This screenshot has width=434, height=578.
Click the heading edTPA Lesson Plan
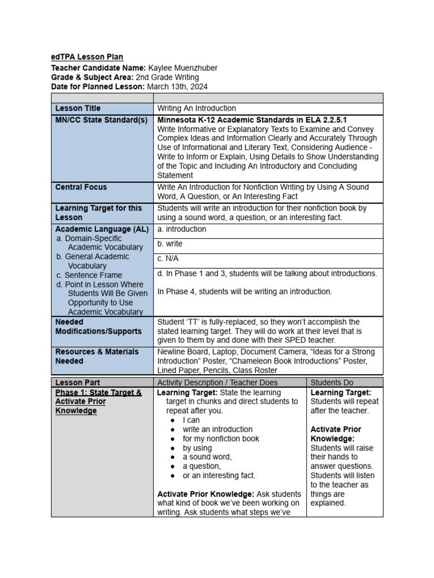coord(87,57)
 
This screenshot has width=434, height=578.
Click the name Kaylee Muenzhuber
coord(183,68)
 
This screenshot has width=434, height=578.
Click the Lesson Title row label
coord(77,108)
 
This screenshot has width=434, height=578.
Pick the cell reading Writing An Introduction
coord(196,108)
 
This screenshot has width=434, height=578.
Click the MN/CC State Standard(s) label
coord(101,120)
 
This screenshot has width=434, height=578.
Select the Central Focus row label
coord(81,187)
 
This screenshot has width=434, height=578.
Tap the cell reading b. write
coord(170,244)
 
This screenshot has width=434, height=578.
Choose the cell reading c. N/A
coord(169,259)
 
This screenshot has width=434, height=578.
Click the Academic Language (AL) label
coord(102,229)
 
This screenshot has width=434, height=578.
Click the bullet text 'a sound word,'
coord(207,457)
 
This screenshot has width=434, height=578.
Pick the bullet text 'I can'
coord(191,420)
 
